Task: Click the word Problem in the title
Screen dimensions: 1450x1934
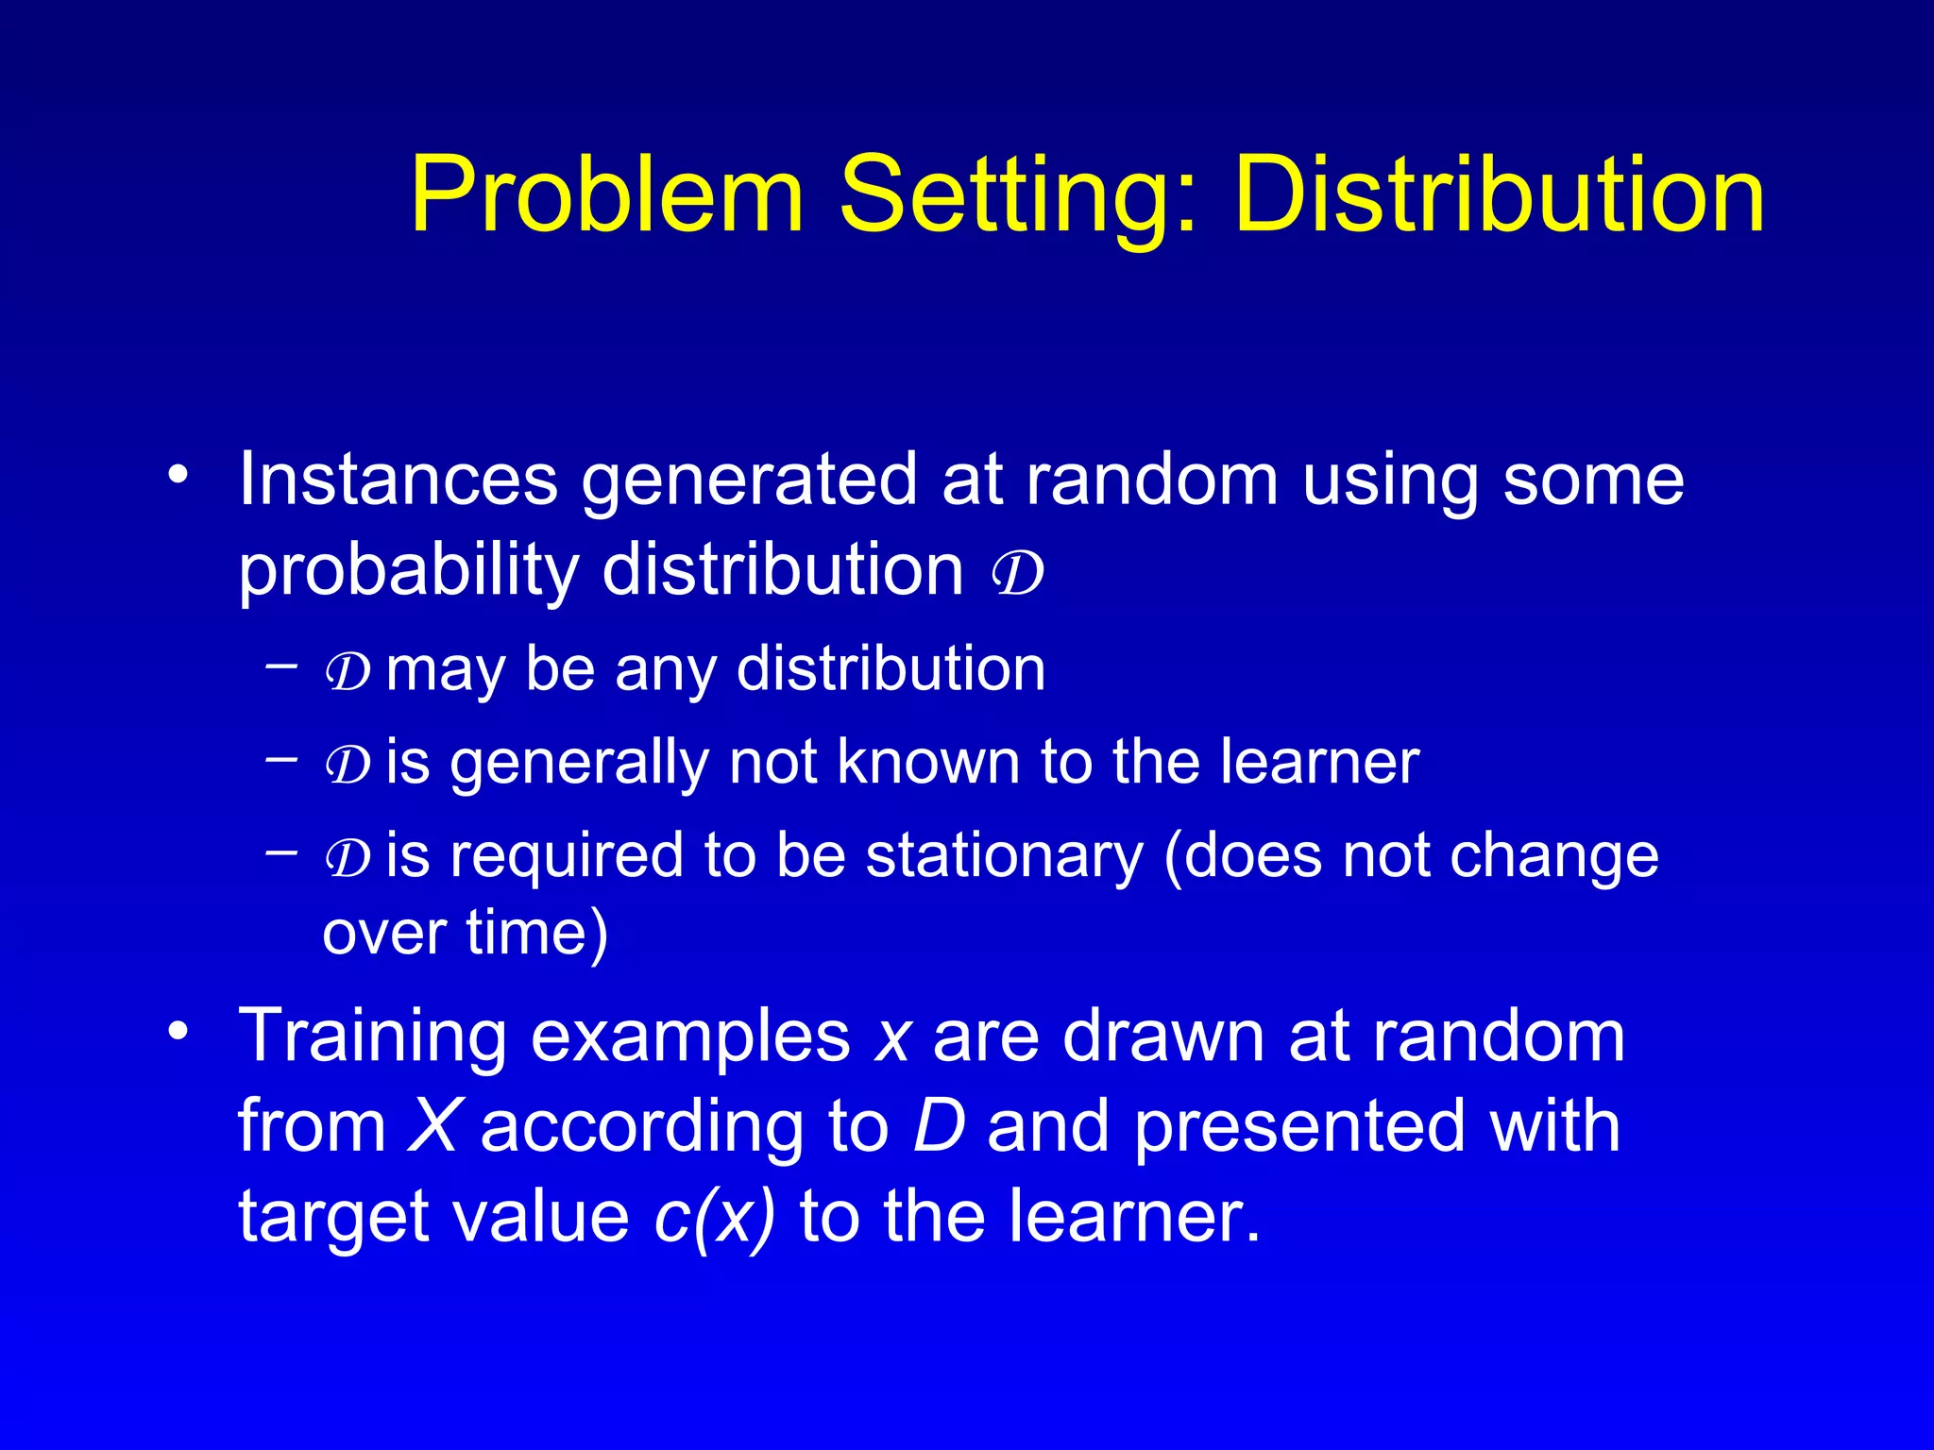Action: coord(606,195)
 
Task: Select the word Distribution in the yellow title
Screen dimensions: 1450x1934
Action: coord(1499,195)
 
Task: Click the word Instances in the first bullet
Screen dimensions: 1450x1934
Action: coord(398,479)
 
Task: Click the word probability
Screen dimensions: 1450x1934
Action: coord(408,572)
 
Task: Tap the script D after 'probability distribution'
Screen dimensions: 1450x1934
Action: coord(1018,572)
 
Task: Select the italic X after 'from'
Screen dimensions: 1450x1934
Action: coord(433,1126)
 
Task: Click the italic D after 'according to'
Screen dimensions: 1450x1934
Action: coord(940,1126)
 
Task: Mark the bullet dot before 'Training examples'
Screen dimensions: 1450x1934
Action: coord(178,1030)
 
